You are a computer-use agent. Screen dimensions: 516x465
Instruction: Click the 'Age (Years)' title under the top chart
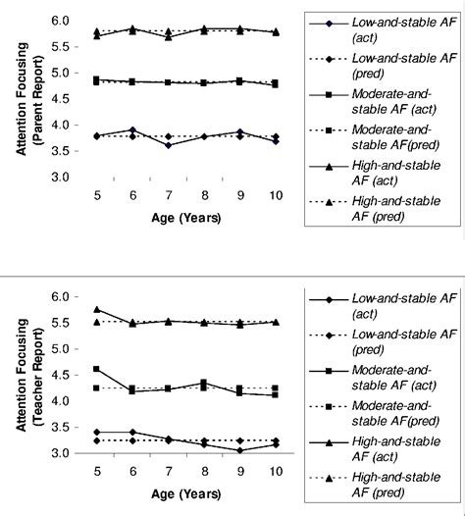[x=168, y=217]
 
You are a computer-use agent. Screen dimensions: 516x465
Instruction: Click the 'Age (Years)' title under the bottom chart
[x=168, y=493]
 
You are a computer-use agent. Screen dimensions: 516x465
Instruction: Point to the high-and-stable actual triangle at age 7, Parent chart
[x=169, y=36]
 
